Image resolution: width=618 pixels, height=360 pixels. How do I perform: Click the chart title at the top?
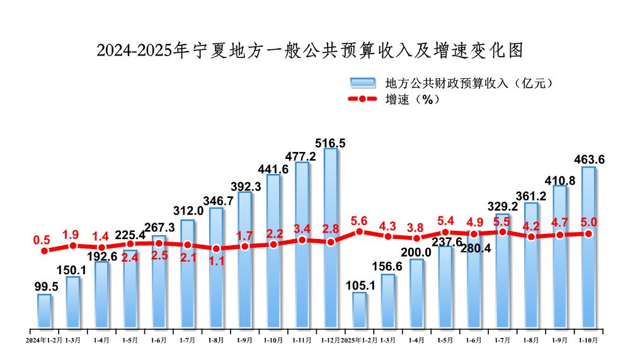tap(309, 50)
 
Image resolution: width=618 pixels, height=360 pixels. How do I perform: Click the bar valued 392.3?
tap(244, 260)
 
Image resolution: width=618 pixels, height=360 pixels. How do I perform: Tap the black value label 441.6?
tap(273, 168)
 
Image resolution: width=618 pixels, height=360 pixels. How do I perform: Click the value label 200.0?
tap(416, 252)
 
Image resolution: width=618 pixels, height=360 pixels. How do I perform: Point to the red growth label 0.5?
tap(42, 240)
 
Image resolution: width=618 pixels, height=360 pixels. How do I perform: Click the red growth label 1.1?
tap(216, 261)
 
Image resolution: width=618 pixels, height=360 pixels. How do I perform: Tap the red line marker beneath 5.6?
tap(359, 231)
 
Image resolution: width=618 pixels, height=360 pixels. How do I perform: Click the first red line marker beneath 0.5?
tap(44, 251)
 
